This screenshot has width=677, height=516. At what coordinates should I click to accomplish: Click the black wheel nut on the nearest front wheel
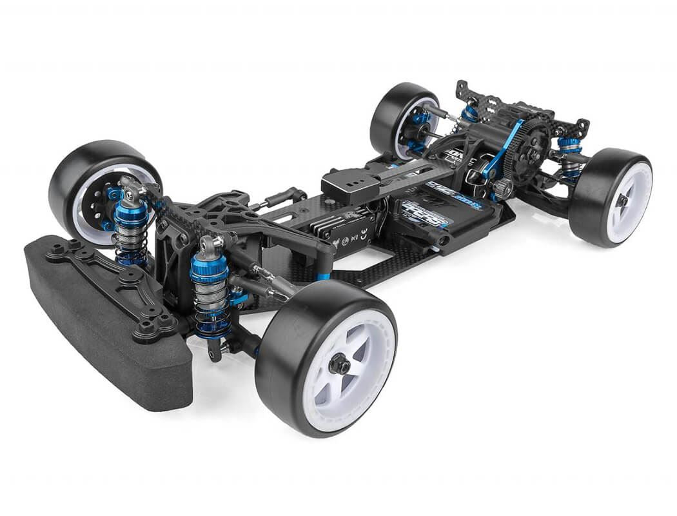tap(339, 366)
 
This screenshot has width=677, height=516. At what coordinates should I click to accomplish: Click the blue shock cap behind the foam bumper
tap(131, 213)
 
